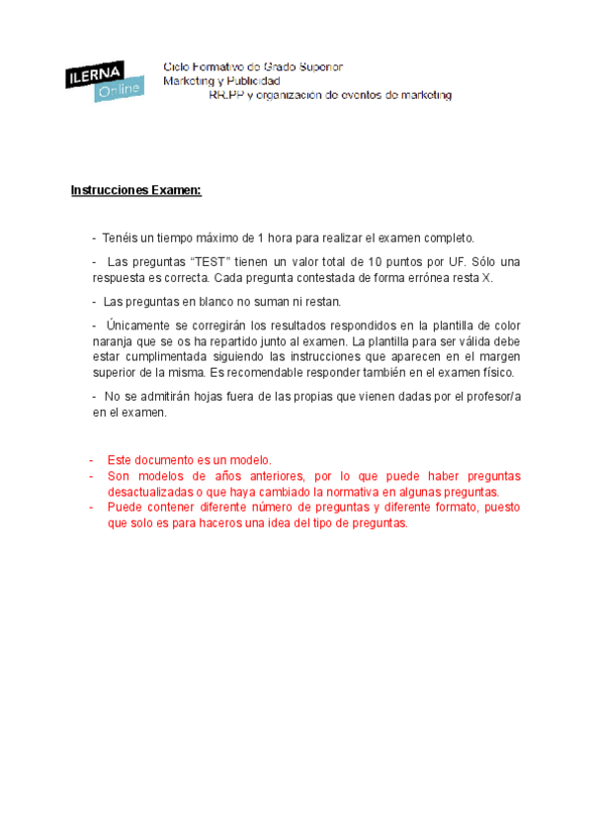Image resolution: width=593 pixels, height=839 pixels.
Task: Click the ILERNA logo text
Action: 95,73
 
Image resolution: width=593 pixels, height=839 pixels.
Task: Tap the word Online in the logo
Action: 119,91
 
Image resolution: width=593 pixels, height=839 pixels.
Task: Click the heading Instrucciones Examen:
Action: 136,190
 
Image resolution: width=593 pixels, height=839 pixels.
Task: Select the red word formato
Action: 452,508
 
